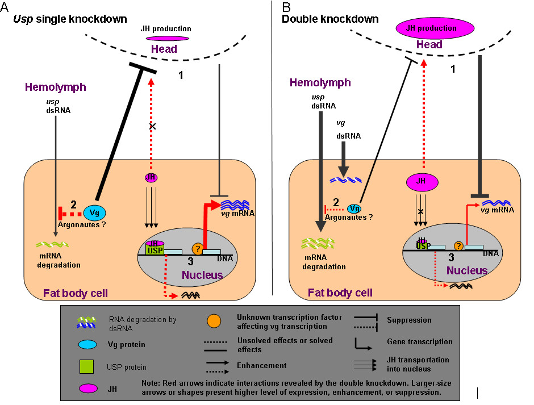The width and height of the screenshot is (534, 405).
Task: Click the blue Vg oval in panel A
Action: pyautogui.click(x=94, y=213)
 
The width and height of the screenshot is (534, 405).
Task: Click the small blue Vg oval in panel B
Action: pyautogui.click(x=354, y=209)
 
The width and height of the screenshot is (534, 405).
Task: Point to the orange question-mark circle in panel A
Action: pyautogui.click(x=197, y=249)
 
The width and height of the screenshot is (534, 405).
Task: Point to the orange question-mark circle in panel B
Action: pyautogui.click(x=457, y=247)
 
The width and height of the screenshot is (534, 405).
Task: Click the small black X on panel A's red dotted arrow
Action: pyautogui.click(x=152, y=126)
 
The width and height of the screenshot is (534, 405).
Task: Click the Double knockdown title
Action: pyautogui.click(x=330, y=19)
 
